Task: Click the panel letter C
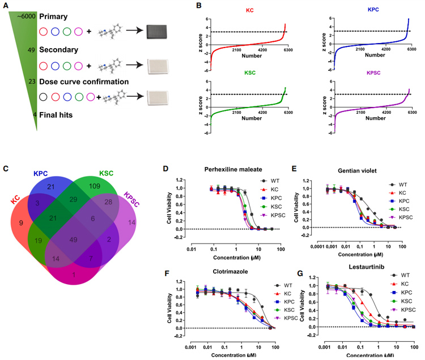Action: click(5, 168)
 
